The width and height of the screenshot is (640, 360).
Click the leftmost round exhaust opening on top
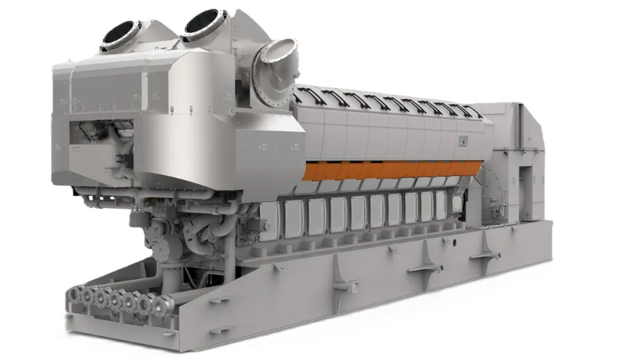120,35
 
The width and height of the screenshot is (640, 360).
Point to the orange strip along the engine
393,170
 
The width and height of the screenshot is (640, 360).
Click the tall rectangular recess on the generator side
526,193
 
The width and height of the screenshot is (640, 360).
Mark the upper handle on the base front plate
219,297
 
